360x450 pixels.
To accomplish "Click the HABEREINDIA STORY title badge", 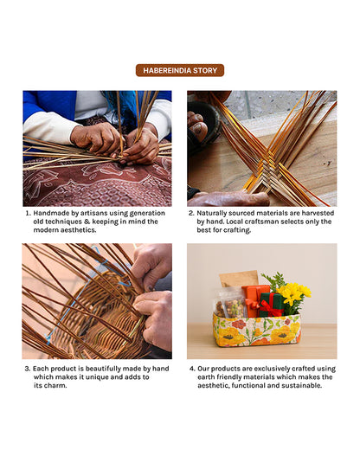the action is tap(180, 70).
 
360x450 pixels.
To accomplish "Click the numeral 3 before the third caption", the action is tap(27, 369).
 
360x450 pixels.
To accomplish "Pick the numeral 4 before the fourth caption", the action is tap(192, 369).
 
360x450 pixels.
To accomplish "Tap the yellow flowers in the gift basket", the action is tap(293, 293).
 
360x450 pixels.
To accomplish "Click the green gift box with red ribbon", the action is tap(271, 305).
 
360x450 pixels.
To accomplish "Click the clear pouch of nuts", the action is tap(230, 305).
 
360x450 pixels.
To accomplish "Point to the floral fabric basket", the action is tap(256, 331).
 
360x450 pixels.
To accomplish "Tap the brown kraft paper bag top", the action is tap(239, 279).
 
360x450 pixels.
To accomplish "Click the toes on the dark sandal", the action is tap(197, 124).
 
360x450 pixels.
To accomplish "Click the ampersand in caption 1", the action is tap(87, 222).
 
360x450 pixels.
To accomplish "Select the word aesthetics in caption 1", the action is tap(79, 230).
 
